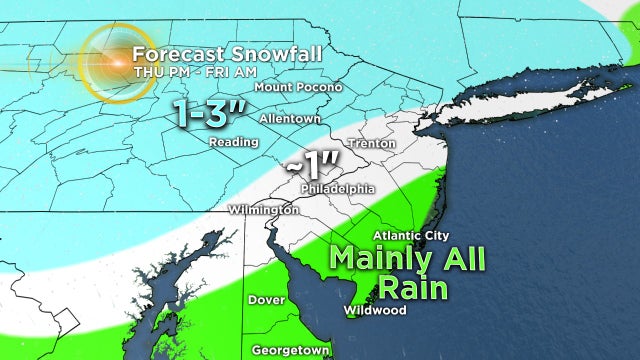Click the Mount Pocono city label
(x=298, y=87)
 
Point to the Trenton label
(x=365, y=143)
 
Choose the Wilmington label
(x=263, y=210)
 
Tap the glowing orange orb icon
(x=114, y=63)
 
